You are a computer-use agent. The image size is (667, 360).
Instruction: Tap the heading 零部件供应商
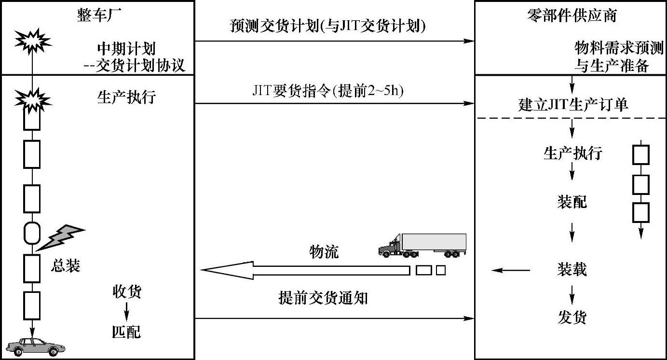tap(572, 15)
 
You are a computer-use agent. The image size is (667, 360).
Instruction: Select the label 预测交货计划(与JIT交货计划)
tap(328, 27)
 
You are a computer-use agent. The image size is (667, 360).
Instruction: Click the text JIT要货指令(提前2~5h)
tap(327, 91)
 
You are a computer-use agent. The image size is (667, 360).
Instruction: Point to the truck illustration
tap(422, 246)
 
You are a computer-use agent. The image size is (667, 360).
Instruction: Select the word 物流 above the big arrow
tap(324, 251)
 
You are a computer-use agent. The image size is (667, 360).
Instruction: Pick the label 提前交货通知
tap(323, 298)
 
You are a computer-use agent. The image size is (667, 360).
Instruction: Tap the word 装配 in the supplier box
tap(572, 202)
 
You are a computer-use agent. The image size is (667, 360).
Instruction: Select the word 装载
tap(572, 269)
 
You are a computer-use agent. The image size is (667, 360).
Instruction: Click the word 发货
tap(572, 318)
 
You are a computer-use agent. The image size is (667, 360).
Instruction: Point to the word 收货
tap(127, 291)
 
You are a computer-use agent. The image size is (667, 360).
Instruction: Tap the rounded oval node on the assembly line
tap(32, 234)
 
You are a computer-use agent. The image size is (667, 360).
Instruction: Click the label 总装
tap(65, 266)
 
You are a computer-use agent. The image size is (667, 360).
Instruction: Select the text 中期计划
tap(126, 48)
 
